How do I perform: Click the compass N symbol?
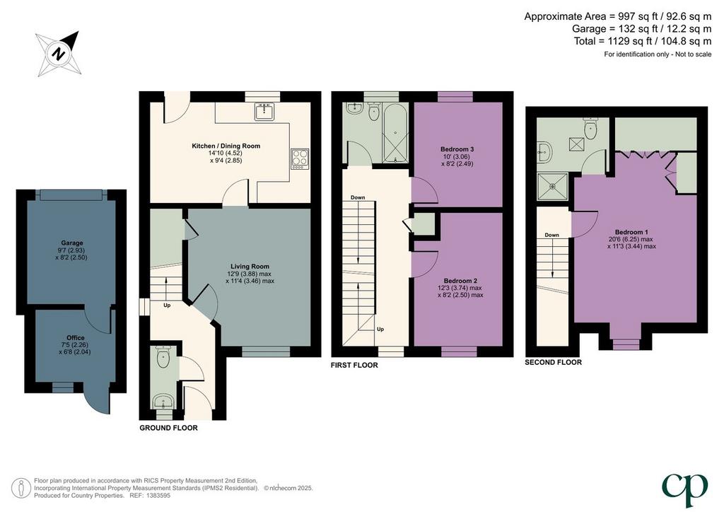pos(59,54)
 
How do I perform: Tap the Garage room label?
pos(72,243)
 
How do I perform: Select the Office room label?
pos(75,337)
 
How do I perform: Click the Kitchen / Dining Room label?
pos(226,146)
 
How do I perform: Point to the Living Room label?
pos(250,267)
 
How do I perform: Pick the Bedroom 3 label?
pos(457,149)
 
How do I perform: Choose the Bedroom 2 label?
pos(460,281)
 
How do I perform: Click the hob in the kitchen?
pos(300,159)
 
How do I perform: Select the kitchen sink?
pos(264,111)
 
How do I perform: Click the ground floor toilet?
pos(163,356)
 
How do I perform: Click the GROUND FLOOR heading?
pos(168,428)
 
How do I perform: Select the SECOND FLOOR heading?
pos(553,362)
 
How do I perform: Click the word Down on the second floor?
pos(551,235)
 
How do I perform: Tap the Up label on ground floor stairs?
pos(167,306)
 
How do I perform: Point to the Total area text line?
pos(643,41)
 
